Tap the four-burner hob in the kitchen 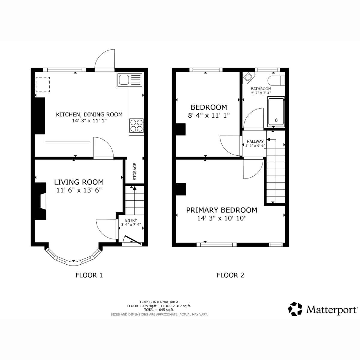[x=136, y=125]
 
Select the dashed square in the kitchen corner [x=43, y=84]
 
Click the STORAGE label [x=135, y=171]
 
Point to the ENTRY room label [x=131, y=220]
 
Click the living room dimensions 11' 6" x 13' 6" [x=79, y=190]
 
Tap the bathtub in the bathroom [x=276, y=112]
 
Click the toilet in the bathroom [x=276, y=81]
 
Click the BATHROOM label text [x=261, y=89]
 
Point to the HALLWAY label [x=255, y=141]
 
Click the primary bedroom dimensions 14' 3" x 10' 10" [x=222, y=218]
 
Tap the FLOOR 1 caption [x=89, y=275]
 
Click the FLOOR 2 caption [x=230, y=275]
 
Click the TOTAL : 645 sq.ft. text [x=159, y=310]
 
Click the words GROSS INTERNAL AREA [x=159, y=302]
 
